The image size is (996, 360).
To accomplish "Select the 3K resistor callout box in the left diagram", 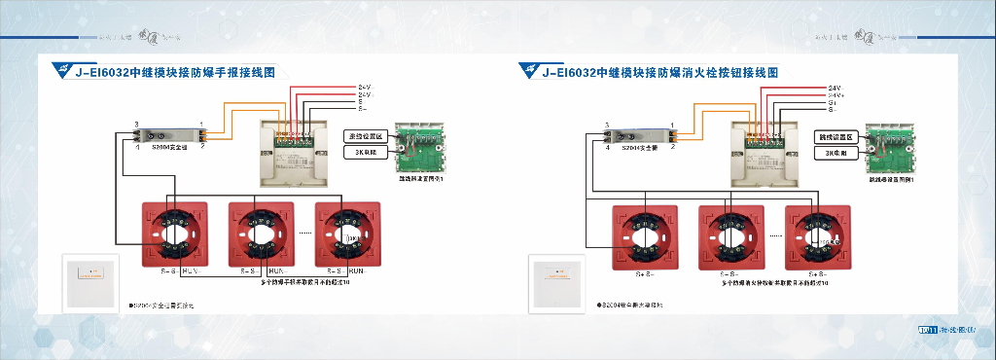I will pos(367,153).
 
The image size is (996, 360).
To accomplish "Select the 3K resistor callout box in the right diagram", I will pos(836,153).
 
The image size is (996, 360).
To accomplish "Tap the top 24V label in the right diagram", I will pos(835,88).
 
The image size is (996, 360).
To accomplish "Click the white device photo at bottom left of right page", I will pos(560,282).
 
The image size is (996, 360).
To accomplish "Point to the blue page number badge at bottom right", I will pos(927,331).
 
